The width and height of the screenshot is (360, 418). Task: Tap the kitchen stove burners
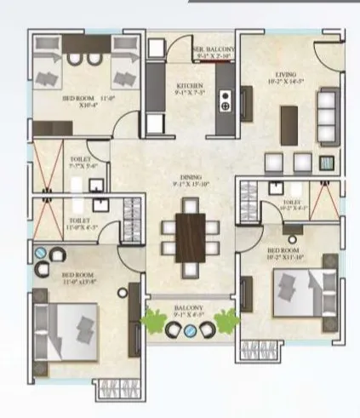(x=226, y=99)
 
